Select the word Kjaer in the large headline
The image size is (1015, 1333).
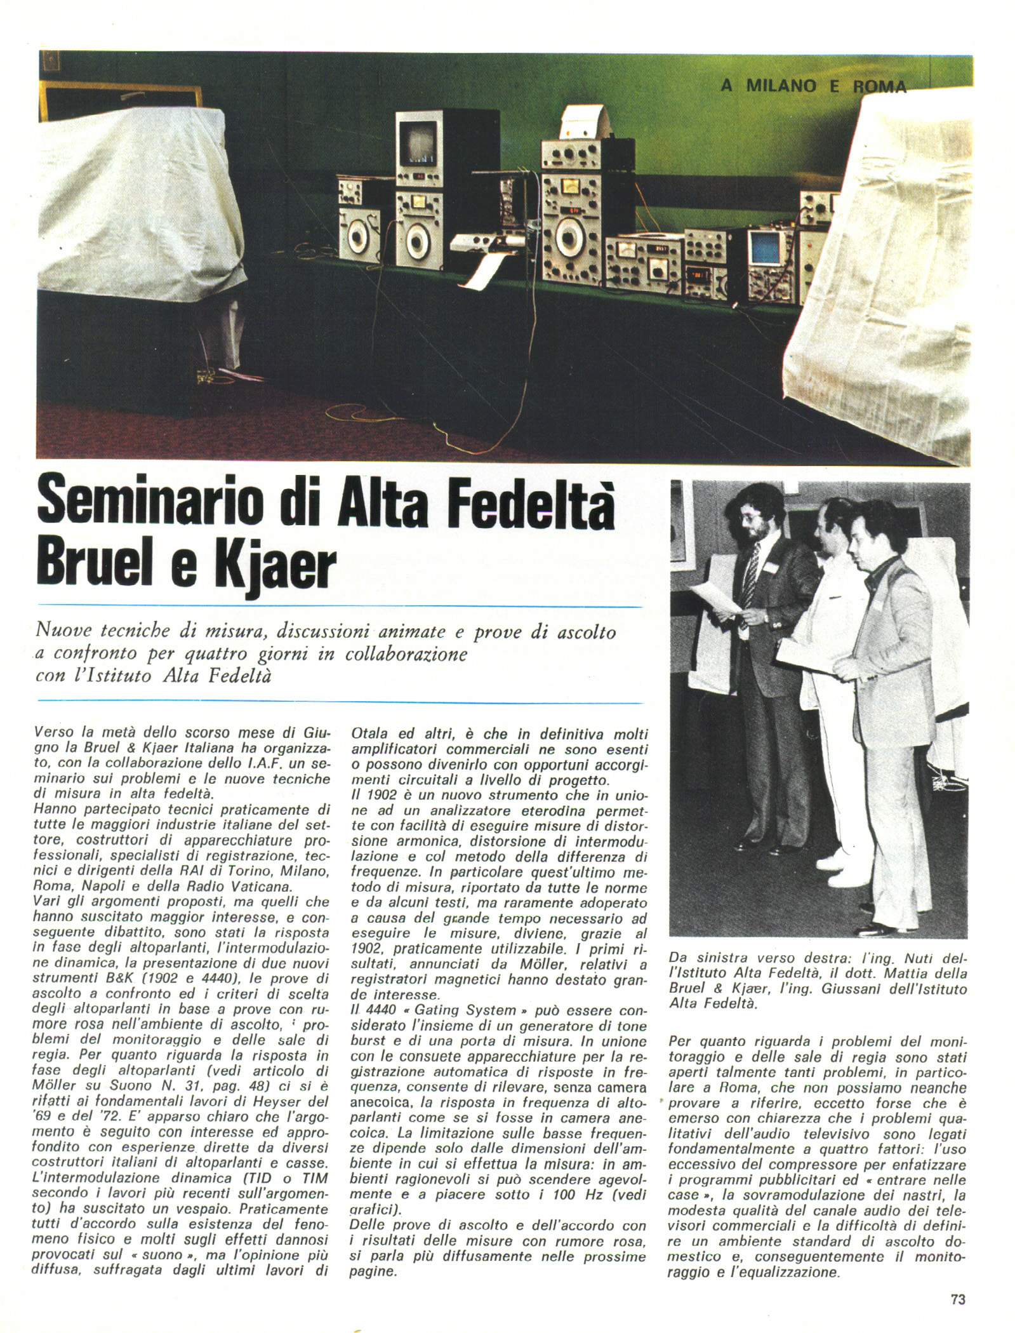[273, 564]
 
